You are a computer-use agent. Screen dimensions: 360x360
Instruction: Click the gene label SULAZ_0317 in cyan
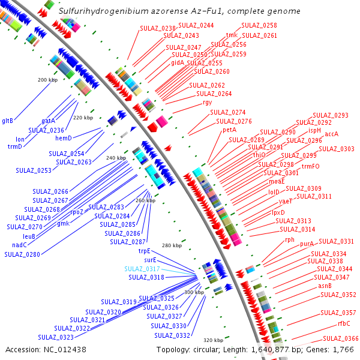(142, 269)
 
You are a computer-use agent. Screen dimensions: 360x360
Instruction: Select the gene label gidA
(178, 62)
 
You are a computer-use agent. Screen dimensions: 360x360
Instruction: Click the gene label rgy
(208, 102)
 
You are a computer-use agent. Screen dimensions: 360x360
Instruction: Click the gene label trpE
(145, 251)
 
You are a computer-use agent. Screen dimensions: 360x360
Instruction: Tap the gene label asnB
(325, 286)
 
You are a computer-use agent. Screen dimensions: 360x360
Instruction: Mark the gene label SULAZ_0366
(341, 338)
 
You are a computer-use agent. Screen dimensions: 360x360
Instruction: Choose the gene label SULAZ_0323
(56, 337)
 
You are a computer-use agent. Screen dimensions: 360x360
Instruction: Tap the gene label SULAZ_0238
(158, 28)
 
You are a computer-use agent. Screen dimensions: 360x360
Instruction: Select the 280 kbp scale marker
(172, 245)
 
